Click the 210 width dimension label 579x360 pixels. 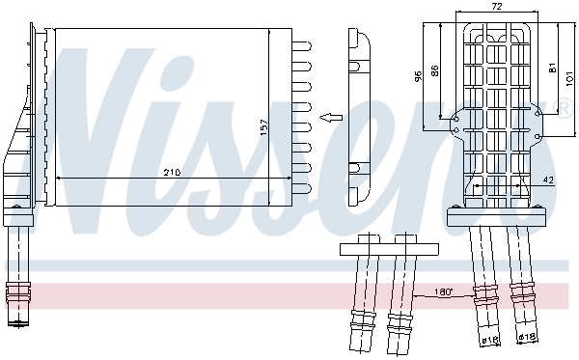click(x=171, y=173)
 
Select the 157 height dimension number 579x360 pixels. click(x=262, y=126)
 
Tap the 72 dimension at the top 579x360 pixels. click(x=497, y=7)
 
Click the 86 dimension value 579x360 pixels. click(x=435, y=70)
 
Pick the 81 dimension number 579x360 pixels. click(x=552, y=67)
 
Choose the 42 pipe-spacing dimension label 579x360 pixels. click(x=547, y=180)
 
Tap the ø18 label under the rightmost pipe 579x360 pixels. click(x=526, y=338)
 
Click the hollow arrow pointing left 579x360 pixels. click(x=330, y=118)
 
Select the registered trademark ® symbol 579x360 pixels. click(x=567, y=104)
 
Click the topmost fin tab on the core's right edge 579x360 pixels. click(x=302, y=43)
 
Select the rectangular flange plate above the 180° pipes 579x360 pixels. click(x=380, y=251)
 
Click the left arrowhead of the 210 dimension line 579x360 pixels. click(x=60, y=179)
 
